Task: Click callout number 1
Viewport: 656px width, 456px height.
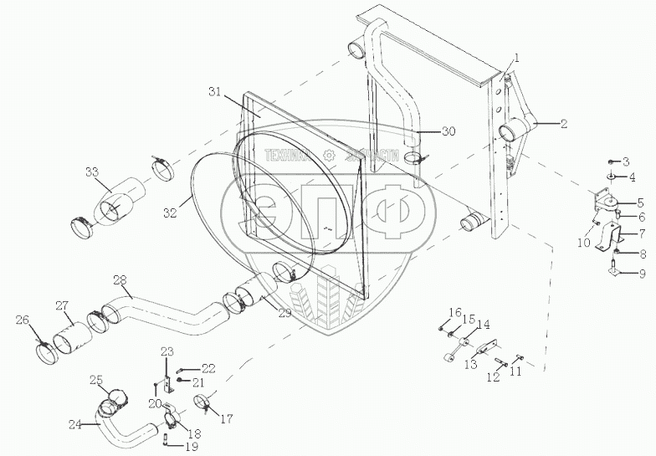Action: [x=517, y=58]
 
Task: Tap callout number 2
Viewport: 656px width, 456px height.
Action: [x=564, y=123]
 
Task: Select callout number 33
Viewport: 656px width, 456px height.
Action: [x=91, y=173]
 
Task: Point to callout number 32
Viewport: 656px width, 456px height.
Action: [x=171, y=213]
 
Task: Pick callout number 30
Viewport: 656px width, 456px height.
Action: [x=448, y=131]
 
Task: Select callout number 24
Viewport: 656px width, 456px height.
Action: [x=75, y=424]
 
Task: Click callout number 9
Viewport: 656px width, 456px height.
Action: [x=643, y=273]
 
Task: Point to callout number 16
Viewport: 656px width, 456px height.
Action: [x=454, y=312]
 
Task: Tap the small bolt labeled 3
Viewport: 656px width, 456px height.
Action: [x=612, y=160]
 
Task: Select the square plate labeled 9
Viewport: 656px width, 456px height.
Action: [x=615, y=270]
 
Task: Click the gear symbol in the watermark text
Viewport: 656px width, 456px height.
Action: [x=331, y=154]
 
